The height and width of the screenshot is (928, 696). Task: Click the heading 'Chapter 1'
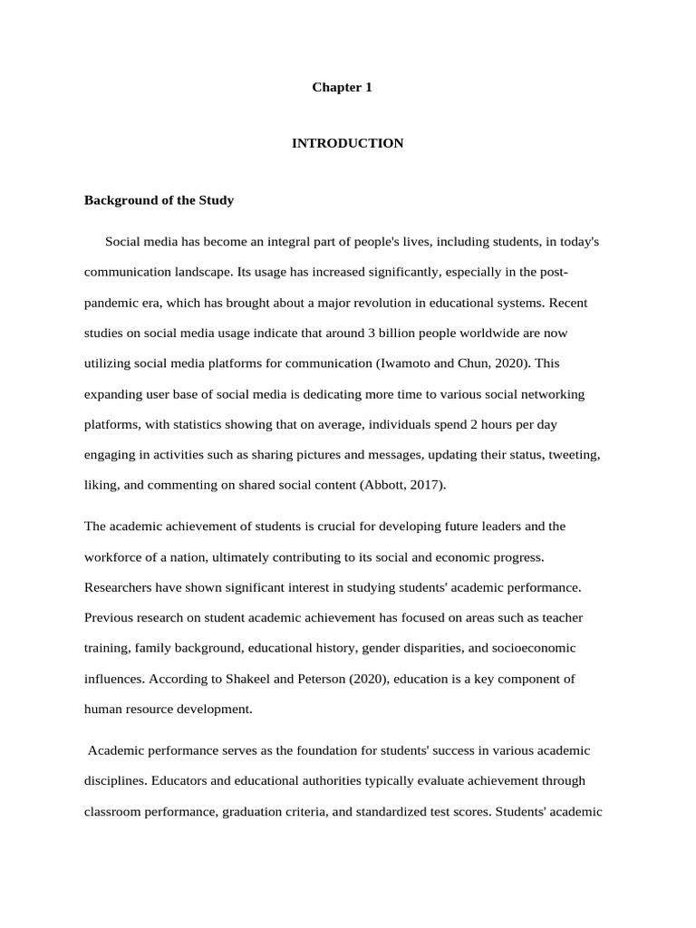coord(342,87)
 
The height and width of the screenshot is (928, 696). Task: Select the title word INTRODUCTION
coord(347,143)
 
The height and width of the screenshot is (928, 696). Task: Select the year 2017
coord(424,485)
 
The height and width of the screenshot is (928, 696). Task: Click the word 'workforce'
coord(115,556)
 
